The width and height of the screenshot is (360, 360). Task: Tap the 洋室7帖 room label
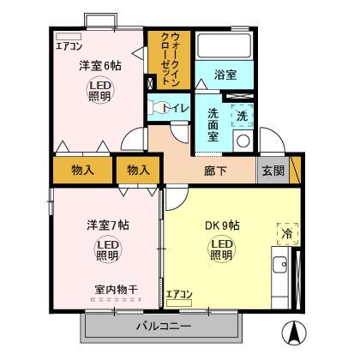107,225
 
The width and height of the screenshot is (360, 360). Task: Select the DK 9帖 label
221,226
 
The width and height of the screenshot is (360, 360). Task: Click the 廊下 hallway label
215,170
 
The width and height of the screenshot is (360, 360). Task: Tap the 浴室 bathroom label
225,76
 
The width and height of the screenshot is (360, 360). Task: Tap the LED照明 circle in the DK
221,249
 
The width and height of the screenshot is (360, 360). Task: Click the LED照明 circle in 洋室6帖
99,91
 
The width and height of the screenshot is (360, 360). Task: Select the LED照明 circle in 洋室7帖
107,250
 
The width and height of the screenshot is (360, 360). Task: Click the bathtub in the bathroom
225,46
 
